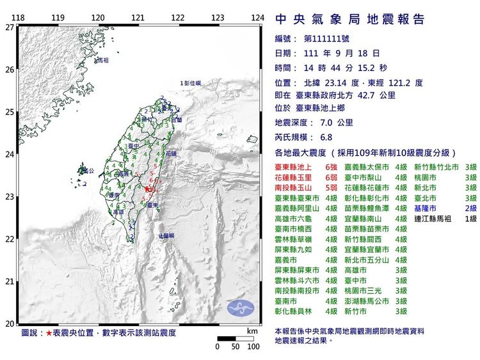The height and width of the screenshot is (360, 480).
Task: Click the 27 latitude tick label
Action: (x=9, y=27)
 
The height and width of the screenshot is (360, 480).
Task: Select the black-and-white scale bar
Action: (x=236, y=338)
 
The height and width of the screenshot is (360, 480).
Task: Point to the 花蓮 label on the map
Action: (x=171, y=154)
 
